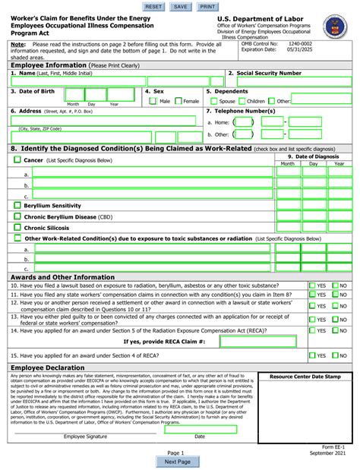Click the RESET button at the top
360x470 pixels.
(153, 6)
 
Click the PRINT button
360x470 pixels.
(207, 6)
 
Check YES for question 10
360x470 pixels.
(313, 285)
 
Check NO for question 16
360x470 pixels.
(335, 355)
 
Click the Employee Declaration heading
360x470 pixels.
(47, 367)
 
